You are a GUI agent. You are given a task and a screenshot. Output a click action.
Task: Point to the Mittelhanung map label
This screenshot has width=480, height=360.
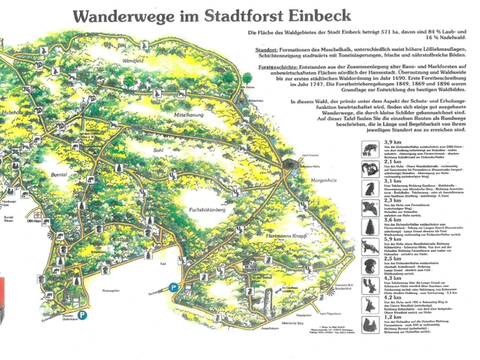pos(194,114)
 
